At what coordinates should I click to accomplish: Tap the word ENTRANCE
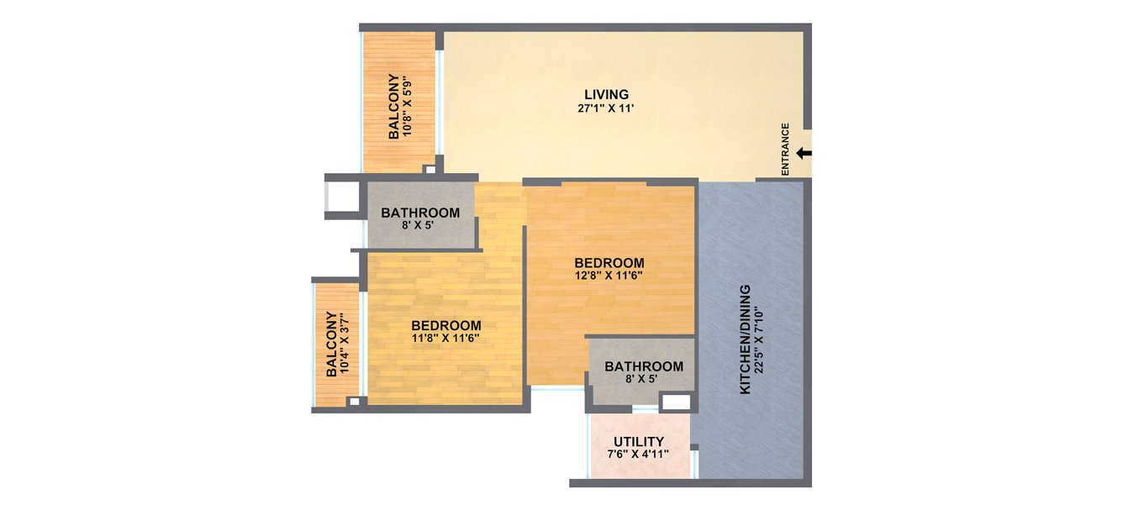[x=786, y=150]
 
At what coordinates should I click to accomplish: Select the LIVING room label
[x=607, y=94]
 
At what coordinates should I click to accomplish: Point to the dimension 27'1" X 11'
[x=607, y=108]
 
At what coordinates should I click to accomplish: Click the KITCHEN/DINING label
[x=745, y=339]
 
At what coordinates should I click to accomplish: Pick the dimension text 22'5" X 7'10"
[x=760, y=339]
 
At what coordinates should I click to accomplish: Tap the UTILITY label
[x=639, y=442]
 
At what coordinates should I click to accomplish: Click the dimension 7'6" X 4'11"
[x=639, y=455]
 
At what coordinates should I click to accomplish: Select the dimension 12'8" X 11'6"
[x=609, y=276]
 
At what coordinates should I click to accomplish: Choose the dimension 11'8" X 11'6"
[x=446, y=339]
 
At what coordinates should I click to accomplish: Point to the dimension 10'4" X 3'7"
[x=345, y=344]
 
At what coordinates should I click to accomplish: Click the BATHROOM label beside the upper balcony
[x=420, y=213]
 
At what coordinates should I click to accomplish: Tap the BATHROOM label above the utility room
[x=644, y=366]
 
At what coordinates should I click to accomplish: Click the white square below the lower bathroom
[x=674, y=402]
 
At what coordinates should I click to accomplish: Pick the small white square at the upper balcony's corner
[x=430, y=170]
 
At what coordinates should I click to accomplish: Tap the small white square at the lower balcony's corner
[x=354, y=402]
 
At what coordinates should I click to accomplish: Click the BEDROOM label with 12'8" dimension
[x=609, y=263]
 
